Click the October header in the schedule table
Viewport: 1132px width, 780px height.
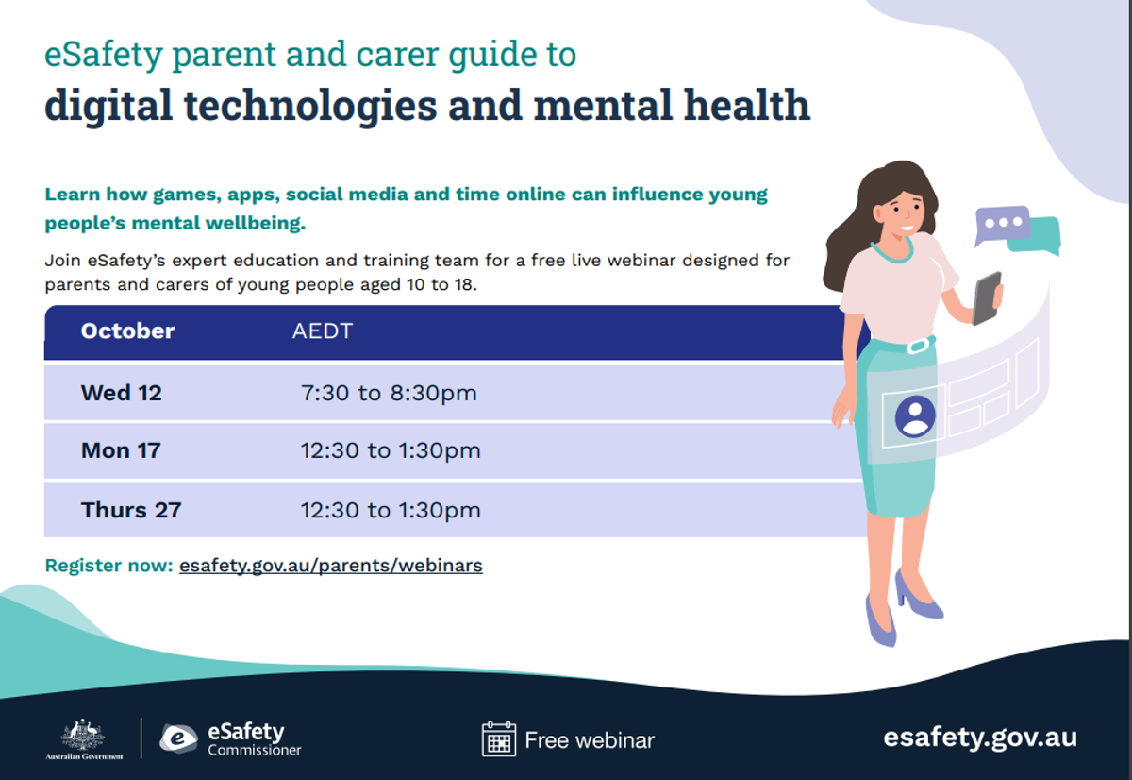(127, 331)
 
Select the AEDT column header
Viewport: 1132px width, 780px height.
(323, 331)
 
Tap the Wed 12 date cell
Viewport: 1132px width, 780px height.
(122, 393)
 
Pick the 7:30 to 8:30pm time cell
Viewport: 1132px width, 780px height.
(389, 394)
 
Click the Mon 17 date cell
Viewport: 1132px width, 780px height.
(121, 450)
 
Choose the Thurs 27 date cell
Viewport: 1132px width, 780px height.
(131, 510)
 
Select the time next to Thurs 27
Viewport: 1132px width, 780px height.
(391, 510)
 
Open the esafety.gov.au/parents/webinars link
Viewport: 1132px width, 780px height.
(331, 566)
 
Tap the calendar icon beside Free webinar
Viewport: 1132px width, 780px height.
(499, 739)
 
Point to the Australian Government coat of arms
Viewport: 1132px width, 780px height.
(83, 735)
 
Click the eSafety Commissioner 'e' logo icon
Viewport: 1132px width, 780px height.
(178, 738)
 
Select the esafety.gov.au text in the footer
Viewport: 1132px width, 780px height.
(980, 738)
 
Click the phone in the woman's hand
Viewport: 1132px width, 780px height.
(987, 298)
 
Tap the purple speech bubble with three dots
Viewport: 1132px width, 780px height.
(1003, 224)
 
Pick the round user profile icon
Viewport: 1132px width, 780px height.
(915, 416)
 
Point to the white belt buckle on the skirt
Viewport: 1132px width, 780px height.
(918, 346)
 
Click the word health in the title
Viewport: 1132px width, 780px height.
(747, 105)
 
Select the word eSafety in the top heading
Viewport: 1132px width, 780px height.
(104, 55)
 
